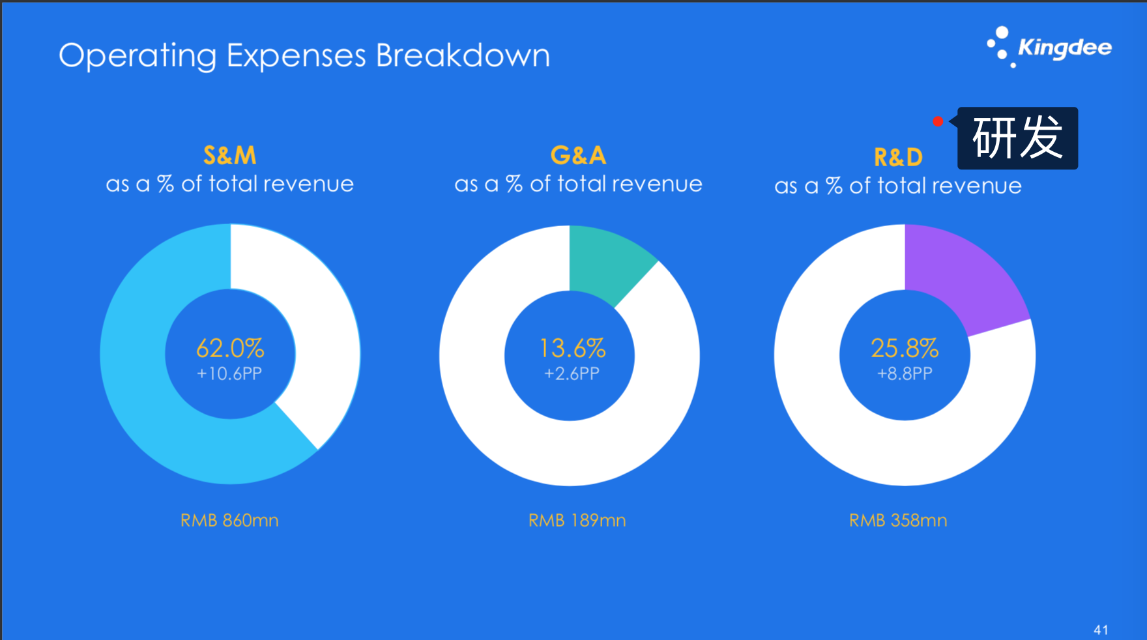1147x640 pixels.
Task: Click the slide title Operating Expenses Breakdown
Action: pos(304,56)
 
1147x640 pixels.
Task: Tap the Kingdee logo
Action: pos(1049,47)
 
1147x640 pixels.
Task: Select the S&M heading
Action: pos(229,156)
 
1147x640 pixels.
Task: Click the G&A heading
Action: pos(578,156)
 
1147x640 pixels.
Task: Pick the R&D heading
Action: pos(898,158)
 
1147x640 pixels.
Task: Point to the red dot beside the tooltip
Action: pos(938,121)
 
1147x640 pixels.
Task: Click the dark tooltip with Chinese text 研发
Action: pos(1017,138)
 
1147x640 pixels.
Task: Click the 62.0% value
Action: pos(230,349)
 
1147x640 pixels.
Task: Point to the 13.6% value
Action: pos(572,349)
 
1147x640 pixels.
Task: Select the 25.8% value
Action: pos(905,349)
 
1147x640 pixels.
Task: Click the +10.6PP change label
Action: pos(229,374)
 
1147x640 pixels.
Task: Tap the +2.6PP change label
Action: pos(572,374)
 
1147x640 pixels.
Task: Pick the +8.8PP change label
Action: pos(905,374)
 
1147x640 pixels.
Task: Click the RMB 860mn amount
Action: pos(229,520)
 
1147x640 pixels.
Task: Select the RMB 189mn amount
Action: pos(577,520)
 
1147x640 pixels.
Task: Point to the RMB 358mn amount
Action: pos(898,520)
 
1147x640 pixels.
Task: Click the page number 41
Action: pos(1101,630)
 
